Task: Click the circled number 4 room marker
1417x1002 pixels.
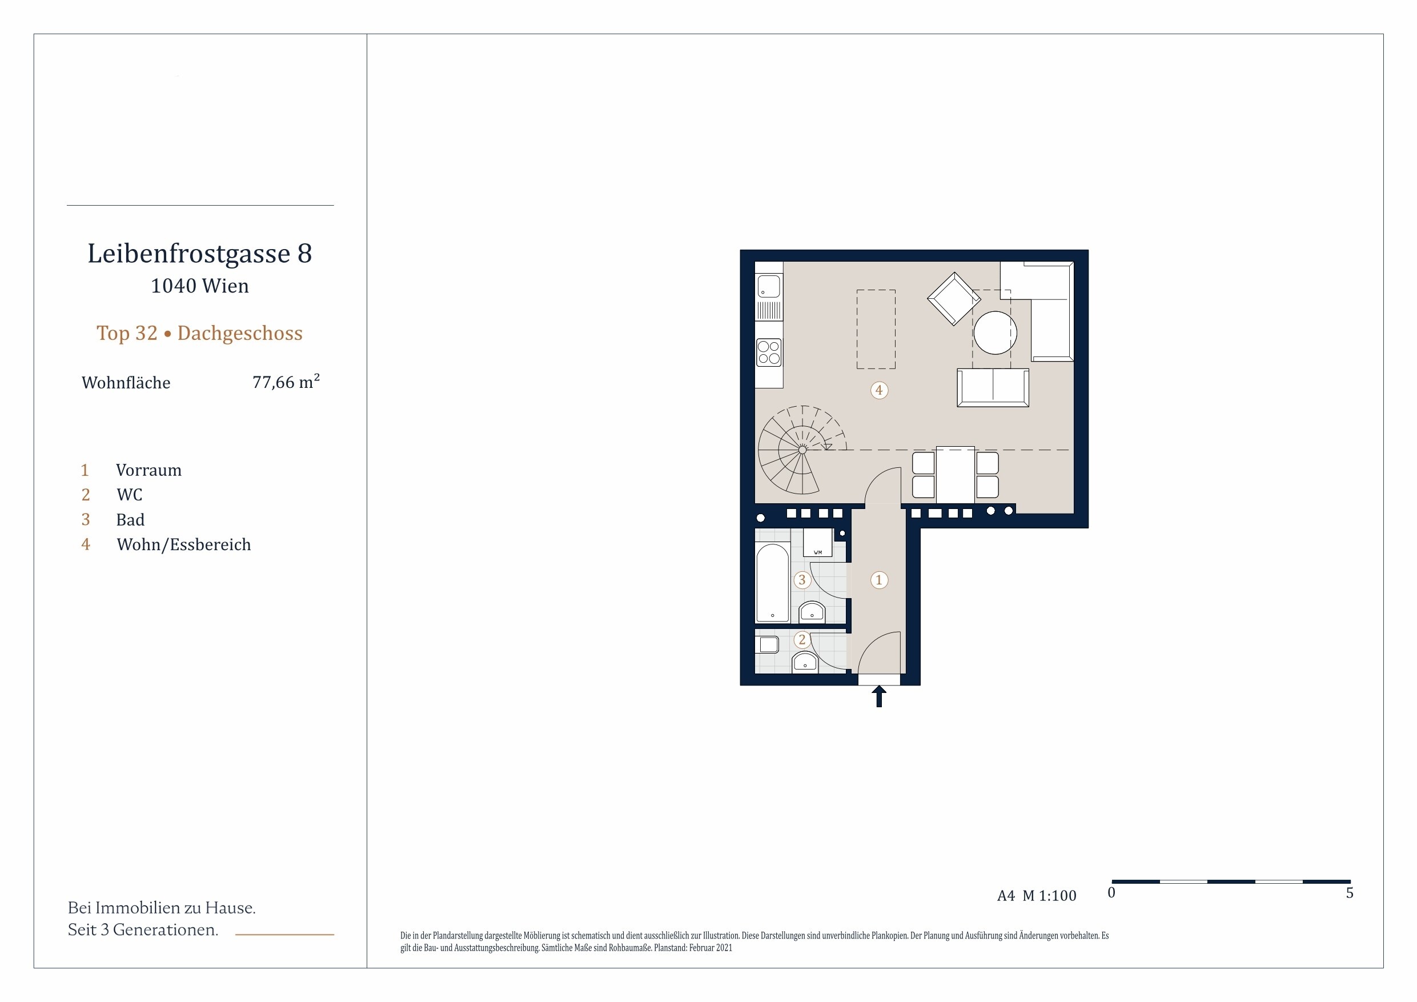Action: pyautogui.click(x=879, y=390)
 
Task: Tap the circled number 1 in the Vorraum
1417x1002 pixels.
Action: pyautogui.click(x=879, y=580)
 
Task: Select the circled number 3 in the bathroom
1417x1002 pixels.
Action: pyautogui.click(x=802, y=580)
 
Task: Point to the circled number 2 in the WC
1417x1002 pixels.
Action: pyautogui.click(x=802, y=640)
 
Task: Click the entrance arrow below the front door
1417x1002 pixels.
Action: pyautogui.click(x=879, y=696)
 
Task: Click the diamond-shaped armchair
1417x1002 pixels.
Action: pyautogui.click(x=954, y=299)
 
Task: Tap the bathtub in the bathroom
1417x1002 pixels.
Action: pyautogui.click(x=773, y=583)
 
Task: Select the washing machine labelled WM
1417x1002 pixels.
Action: pyautogui.click(x=818, y=543)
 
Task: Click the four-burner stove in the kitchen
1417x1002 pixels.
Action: pyautogui.click(x=769, y=352)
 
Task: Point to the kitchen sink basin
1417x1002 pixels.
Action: pyautogui.click(x=769, y=287)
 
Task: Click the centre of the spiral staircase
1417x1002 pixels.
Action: pyautogui.click(x=802, y=450)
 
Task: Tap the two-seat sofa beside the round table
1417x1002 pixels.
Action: pyautogui.click(x=993, y=388)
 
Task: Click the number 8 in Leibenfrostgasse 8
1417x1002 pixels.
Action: pyautogui.click(x=304, y=253)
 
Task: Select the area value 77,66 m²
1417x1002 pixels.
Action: pyautogui.click(x=286, y=382)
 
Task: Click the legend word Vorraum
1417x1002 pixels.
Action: pyautogui.click(x=148, y=471)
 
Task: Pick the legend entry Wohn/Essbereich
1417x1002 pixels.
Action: pyautogui.click(x=184, y=544)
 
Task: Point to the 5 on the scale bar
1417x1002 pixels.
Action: pyautogui.click(x=1350, y=893)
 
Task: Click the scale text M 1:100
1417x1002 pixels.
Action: pyautogui.click(x=1049, y=896)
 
